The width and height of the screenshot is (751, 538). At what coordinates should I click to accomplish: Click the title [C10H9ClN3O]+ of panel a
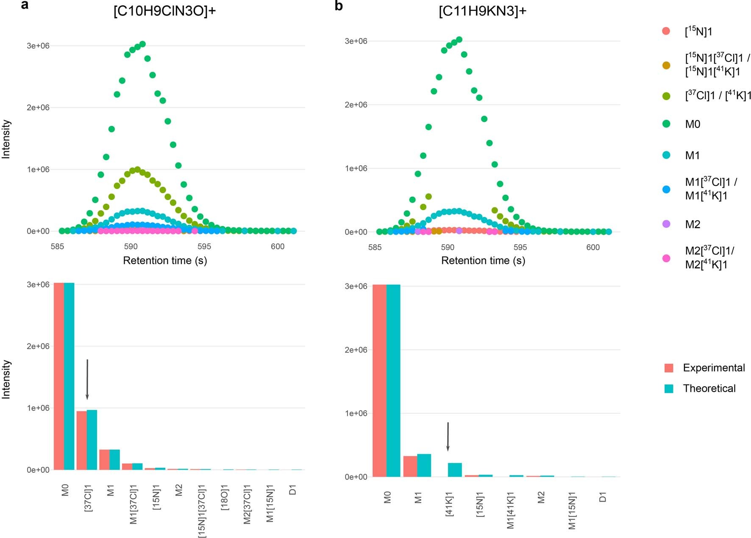(164, 11)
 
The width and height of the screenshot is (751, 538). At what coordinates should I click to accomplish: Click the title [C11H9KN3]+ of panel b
(482, 11)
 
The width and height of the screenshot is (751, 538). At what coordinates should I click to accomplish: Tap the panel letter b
(339, 6)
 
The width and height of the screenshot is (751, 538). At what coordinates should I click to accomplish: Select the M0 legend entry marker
(666, 124)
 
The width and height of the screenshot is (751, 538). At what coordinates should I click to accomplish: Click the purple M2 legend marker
(666, 224)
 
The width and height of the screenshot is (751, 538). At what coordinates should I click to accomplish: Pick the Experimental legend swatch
(669, 368)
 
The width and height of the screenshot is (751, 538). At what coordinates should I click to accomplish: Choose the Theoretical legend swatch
(669, 388)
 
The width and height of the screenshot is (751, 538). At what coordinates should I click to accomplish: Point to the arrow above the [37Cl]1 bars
(87, 379)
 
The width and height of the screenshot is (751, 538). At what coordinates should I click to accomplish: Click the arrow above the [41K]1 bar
(448, 436)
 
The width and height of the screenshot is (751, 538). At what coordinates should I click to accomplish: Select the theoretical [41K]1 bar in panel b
(455, 470)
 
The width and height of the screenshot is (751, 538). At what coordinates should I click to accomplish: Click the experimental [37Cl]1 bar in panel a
(81, 440)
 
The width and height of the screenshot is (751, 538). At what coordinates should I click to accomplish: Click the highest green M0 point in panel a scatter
(142, 44)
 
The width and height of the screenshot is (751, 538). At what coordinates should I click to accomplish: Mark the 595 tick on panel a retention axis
(204, 247)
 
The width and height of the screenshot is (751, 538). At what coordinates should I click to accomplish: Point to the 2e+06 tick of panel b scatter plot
(356, 105)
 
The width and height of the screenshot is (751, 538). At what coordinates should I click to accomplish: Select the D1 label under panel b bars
(603, 497)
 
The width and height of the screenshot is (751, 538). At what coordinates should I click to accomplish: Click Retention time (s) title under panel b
(483, 261)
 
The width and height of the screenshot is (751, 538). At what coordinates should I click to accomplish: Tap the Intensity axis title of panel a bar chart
(6, 379)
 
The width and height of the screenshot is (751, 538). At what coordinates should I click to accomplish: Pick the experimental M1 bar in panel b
(410, 466)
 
